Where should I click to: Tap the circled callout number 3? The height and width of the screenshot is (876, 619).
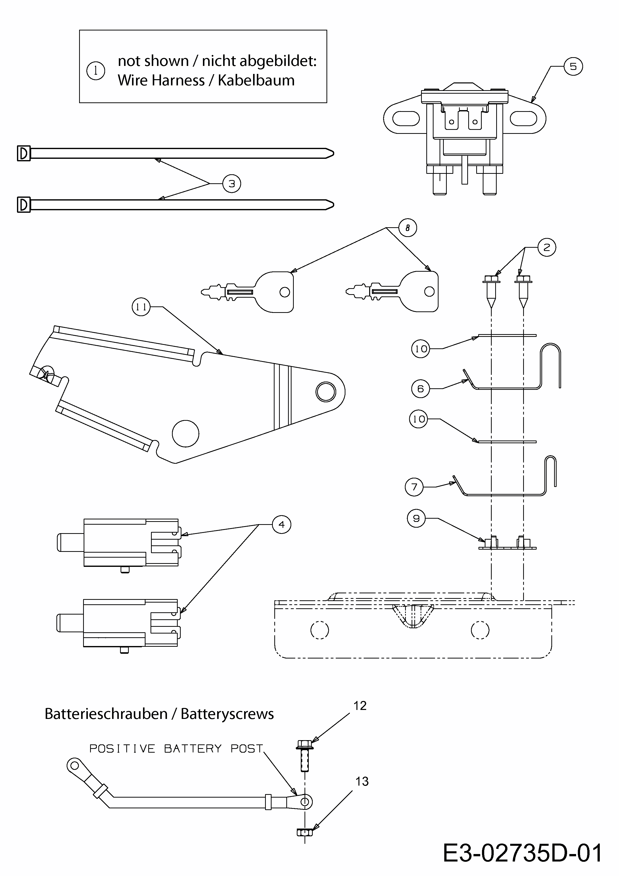(232, 184)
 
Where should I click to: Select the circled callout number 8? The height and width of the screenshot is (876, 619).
(407, 228)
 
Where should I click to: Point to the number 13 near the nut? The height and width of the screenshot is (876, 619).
(362, 781)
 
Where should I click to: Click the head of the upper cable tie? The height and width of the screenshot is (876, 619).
(24, 154)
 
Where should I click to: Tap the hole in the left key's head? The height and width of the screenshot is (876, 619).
(285, 292)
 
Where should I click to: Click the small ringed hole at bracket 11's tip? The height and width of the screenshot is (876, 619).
(326, 392)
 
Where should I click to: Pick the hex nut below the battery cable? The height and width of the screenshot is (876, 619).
(304, 832)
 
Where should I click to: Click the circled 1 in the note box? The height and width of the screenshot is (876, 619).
(96, 71)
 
